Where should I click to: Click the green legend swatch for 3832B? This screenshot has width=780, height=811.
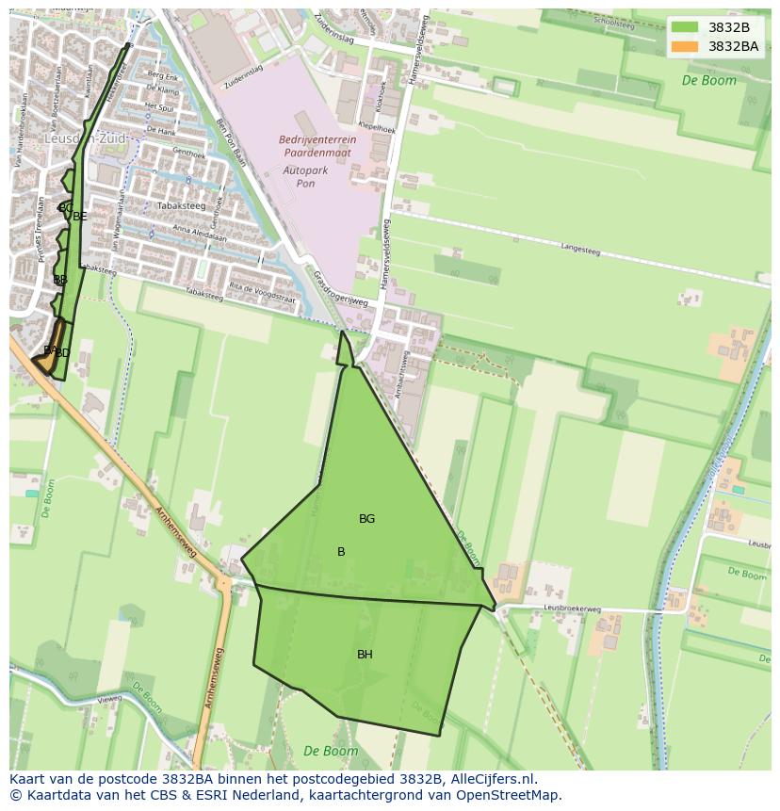pyautogui.click(x=685, y=27)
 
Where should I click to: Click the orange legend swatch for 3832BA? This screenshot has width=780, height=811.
pyautogui.click(x=685, y=46)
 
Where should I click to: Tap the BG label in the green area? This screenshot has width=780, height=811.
pyautogui.click(x=366, y=519)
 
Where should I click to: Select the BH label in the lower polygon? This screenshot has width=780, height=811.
pyautogui.click(x=365, y=655)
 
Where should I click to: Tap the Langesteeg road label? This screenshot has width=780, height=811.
pyautogui.click(x=579, y=250)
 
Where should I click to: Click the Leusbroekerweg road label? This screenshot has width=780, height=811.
pyautogui.click(x=572, y=609)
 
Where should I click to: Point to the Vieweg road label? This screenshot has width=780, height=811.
pyautogui.click(x=109, y=699)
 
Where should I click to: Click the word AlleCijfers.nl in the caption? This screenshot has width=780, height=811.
pyautogui.click(x=493, y=779)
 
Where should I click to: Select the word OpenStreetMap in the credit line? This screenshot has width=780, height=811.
pyautogui.click(x=511, y=795)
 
